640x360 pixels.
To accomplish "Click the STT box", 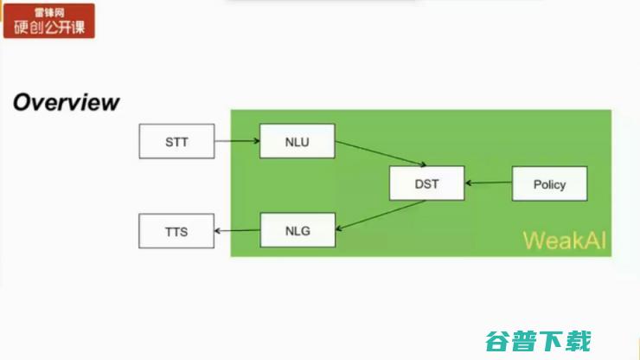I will [x=176, y=141].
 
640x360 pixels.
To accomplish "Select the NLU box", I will [x=297, y=141].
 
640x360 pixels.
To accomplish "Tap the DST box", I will [x=426, y=183].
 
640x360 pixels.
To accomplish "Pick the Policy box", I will [x=549, y=183].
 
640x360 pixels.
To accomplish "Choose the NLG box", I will [x=297, y=231].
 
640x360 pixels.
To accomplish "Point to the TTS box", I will [x=176, y=231].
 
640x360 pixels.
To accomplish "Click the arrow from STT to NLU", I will [x=237, y=140].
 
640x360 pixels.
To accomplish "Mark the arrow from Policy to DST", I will [x=489, y=183].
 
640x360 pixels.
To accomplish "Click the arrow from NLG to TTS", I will [x=237, y=231].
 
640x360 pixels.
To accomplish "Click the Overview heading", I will [x=66, y=103].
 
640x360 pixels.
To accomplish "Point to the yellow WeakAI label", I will [x=564, y=241].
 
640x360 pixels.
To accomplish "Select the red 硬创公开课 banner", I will [x=49, y=21].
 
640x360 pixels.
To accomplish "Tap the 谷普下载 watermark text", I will [x=538, y=340].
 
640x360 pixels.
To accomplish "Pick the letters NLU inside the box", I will [x=297, y=141].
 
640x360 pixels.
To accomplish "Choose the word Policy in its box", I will [x=549, y=183].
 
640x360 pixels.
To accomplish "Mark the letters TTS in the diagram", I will [x=176, y=231].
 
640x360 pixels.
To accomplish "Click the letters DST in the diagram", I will [x=426, y=183].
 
